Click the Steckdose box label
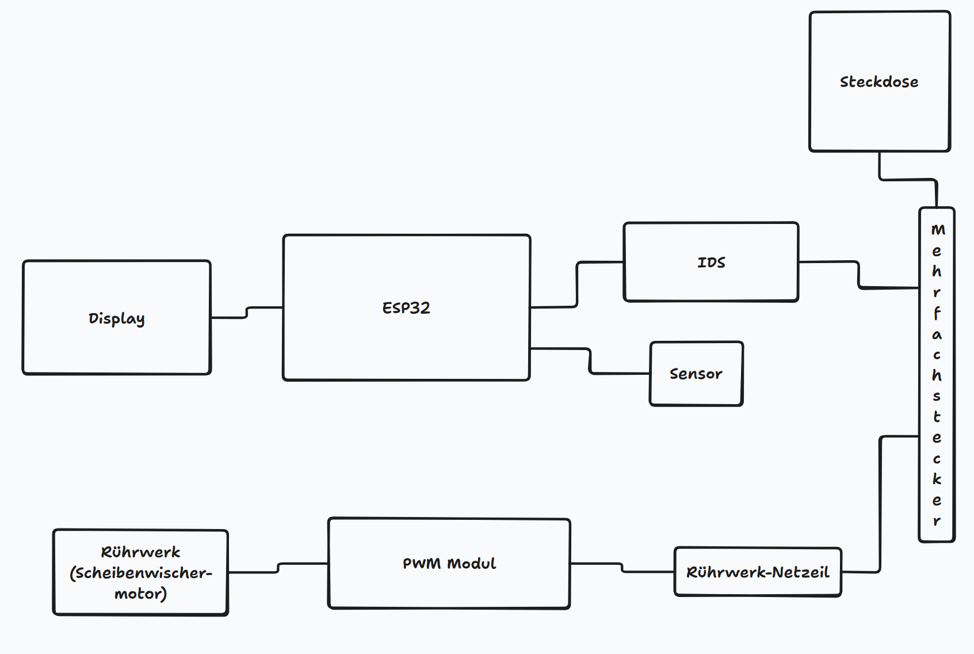[x=878, y=82]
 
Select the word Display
[x=116, y=318]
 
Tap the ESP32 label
[x=406, y=308]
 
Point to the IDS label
[x=711, y=263]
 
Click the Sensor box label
[x=696, y=374]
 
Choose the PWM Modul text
[x=449, y=564]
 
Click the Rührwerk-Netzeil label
[x=757, y=572]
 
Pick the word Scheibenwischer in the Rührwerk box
[x=141, y=573]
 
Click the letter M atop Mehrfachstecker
[x=938, y=230]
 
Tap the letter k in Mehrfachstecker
[x=937, y=479]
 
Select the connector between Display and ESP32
[x=247, y=312]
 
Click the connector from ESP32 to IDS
[x=577, y=284]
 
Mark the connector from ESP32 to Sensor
[x=590, y=361]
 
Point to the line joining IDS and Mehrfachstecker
[x=858, y=275]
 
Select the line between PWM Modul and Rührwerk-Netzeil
[x=622, y=568]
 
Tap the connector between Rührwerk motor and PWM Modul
[x=278, y=568]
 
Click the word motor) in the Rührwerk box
[x=140, y=594]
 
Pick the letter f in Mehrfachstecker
[x=937, y=313]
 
